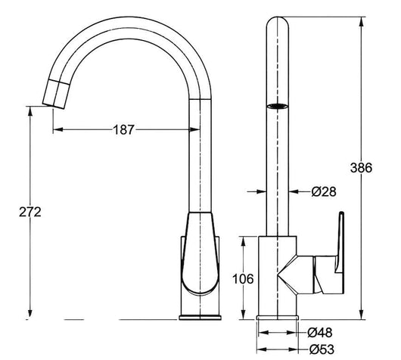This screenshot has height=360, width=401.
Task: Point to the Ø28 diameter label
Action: (323, 193)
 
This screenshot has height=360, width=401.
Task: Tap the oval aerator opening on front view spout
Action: (278, 107)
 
